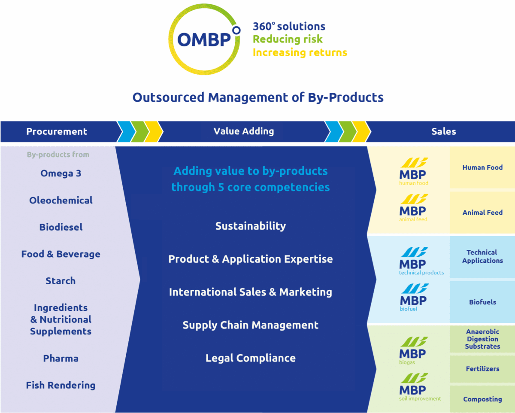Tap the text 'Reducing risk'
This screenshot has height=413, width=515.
click(x=288, y=39)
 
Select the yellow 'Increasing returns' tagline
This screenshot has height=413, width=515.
click(x=300, y=52)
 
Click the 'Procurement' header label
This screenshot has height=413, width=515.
click(x=57, y=131)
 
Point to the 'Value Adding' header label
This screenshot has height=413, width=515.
click(x=244, y=131)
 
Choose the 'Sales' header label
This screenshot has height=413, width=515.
click(x=444, y=131)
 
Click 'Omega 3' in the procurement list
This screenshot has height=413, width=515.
click(x=61, y=173)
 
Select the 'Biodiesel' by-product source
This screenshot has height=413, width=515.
click(x=61, y=227)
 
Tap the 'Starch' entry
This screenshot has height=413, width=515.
click(x=61, y=281)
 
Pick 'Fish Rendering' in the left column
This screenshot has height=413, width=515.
click(x=61, y=385)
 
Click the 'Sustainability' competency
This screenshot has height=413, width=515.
click(x=251, y=226)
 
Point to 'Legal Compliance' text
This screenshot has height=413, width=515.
click(x=251, y=358)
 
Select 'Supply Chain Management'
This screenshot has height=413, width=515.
click(x=251, y=325)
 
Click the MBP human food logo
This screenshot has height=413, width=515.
click(x=414, y=171)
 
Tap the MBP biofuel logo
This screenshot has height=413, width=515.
click(x=414, y=298)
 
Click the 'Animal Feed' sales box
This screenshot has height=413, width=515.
click(x=482, y=213)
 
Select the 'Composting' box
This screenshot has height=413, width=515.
click(x=482, y=399)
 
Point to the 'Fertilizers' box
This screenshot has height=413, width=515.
click(x=482, y=369)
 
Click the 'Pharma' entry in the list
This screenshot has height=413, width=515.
click(x=61, y=358)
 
